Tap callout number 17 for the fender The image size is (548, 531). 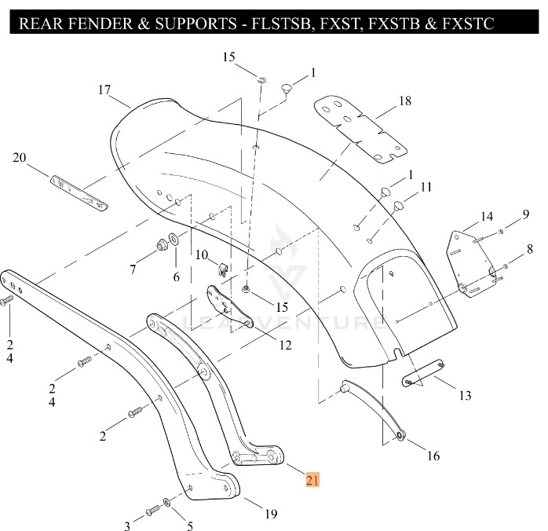point(104,90)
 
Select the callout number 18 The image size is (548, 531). point(404,101)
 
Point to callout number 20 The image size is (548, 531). point(20,158)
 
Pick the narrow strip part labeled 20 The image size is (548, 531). point(79,192)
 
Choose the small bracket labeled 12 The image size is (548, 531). point(229,307)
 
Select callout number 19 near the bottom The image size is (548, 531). point(270,515)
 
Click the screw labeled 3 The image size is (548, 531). point(152,512)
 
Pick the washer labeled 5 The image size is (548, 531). point(167,501)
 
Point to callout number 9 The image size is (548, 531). point(525,214)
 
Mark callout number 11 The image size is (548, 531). point(426,187)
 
